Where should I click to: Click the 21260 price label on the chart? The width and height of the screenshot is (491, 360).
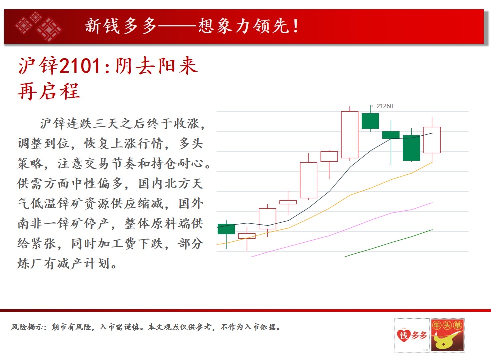tap(385, 106)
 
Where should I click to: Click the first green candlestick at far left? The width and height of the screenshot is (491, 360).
tap(226, 229)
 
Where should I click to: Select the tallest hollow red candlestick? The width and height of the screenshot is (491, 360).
tap(350, 135)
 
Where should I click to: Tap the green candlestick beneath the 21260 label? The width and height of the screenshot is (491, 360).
tap(370, 121)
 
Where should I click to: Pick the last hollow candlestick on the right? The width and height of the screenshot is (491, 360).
tap(432, 140)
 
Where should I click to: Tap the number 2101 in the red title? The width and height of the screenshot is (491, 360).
tap(79, 66)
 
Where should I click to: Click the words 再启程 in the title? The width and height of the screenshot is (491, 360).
tap(49, 91)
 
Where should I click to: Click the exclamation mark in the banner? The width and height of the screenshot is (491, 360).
tap(296, 26)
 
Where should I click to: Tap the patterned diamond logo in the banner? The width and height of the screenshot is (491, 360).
tap(38, 27)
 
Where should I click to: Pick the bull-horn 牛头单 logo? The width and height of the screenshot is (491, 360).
tap(448, 335)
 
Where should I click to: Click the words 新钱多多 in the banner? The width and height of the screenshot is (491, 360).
tap(121, 26)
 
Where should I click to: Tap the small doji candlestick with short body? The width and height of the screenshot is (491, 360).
tap(288, 202)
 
